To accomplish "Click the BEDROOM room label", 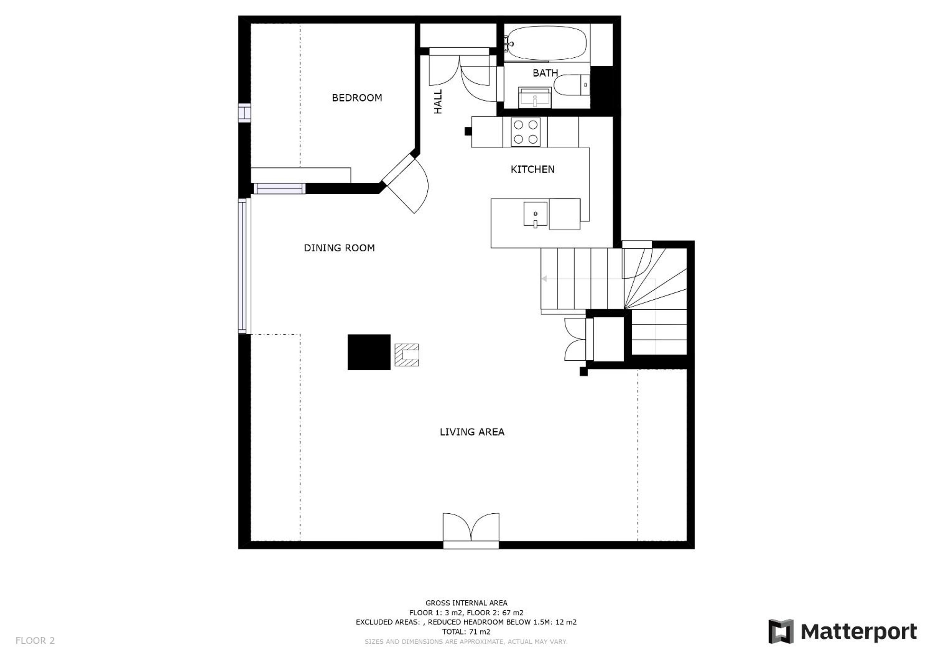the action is [357, 98].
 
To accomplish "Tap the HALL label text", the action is [438, 102].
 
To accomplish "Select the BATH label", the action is [545, 73].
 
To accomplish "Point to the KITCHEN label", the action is [532, 169].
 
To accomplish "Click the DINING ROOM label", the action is [339, 248].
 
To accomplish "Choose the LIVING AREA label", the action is [472, 432].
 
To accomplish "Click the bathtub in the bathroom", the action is [547, 43].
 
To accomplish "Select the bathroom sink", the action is [535, 98].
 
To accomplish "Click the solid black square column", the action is [369, 352].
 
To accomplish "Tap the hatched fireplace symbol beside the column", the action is [406, 355].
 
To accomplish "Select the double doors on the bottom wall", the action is [471, 530].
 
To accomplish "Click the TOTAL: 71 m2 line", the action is [466, 632].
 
